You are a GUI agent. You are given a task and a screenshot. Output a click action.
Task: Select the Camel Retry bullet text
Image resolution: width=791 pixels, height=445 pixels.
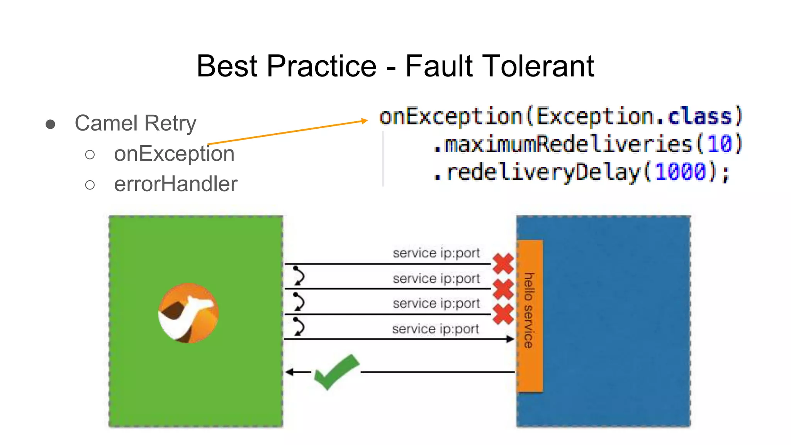[x=135, y=123]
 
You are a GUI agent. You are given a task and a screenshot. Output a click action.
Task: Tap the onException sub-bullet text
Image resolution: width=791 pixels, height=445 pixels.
[x=174, y=154]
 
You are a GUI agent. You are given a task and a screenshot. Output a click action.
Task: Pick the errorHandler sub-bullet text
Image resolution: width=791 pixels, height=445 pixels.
[x=176, y=184]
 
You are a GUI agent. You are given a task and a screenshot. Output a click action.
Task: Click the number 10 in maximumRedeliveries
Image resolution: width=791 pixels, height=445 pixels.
[x=719, y=144]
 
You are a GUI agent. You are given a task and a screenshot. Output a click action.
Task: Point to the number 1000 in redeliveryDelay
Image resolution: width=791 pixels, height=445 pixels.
[x=681, y=172]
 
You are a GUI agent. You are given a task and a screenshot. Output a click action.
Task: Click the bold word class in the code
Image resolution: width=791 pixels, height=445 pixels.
[x=700, y=116]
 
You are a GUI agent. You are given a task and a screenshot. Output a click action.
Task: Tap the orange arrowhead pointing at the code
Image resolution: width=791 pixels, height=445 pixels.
[x=364, y=121]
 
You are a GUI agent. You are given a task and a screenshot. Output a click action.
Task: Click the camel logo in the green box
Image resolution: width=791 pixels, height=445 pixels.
[x=188, y=313]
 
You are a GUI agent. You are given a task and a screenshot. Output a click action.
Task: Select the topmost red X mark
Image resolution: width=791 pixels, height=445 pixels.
[x=503, y=263]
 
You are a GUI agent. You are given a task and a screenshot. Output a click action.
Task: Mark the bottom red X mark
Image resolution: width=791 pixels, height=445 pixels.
[x=503, y=314]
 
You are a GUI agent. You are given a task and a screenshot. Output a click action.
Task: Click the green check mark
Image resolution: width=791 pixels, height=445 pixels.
[x=336, y=372]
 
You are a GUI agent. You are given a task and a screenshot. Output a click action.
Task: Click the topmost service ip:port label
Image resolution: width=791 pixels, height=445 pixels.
[x=436, y=253]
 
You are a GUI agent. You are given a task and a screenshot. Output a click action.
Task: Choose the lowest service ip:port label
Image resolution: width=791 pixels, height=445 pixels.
[x=435, y=329]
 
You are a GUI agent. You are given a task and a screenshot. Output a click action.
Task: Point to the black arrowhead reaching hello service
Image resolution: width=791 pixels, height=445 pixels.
[x=511, y=339]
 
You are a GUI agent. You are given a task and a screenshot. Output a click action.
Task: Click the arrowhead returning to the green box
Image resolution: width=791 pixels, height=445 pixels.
[x=289, y=372]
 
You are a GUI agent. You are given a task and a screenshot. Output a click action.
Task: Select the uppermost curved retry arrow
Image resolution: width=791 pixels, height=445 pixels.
[x=298, y=275]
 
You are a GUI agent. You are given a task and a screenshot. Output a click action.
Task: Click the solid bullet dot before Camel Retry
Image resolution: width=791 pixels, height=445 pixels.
[x=50, y=124]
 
